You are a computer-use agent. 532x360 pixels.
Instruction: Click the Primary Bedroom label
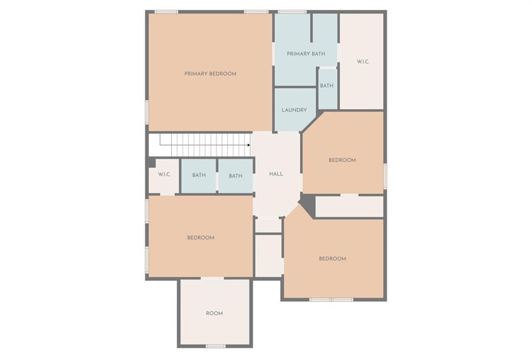click(210, 74)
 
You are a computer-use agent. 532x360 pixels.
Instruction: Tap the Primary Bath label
click(305, 54)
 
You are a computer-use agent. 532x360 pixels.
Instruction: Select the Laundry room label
click(294, 110)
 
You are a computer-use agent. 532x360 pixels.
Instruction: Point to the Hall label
click(276, 174)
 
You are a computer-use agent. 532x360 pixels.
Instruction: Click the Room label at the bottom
click(214, 313)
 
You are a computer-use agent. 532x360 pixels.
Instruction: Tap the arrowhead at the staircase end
click(249, 145)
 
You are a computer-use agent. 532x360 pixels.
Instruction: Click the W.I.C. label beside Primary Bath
click(363, 62)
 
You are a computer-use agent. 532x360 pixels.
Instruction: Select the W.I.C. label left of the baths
click(165, 175)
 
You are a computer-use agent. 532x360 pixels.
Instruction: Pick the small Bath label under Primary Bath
click(327, 86)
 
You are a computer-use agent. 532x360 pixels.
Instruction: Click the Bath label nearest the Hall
click(235, 176)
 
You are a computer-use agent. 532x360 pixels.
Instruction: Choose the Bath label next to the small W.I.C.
click(199, 175)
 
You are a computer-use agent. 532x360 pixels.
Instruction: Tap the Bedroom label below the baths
click(201, 238)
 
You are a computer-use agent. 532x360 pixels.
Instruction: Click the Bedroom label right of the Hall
click(342, 160)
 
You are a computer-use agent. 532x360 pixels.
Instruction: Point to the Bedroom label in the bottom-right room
click(332, 259)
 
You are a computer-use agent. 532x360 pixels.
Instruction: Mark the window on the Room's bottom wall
click(215, 346)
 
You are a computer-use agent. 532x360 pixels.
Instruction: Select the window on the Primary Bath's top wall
click(291, 11)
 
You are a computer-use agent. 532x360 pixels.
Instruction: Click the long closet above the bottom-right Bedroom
click(349, 206)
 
